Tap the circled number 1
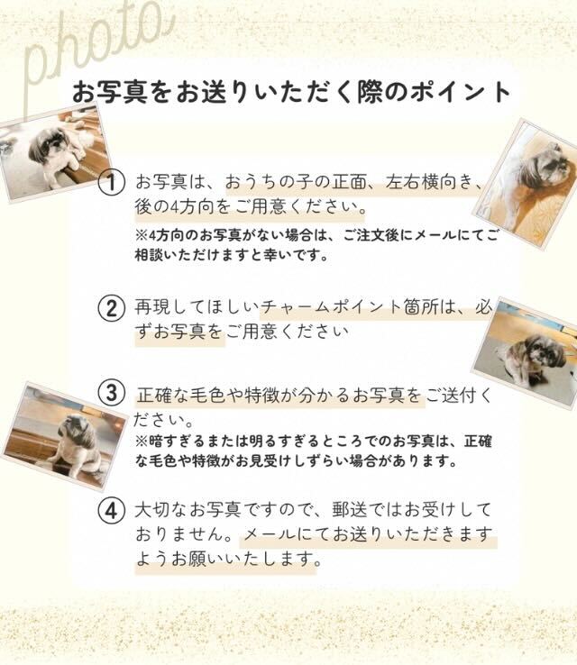111,183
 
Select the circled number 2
111,308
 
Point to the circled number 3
111,393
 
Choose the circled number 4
111,510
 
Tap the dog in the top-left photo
55,152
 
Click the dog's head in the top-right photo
546,166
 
